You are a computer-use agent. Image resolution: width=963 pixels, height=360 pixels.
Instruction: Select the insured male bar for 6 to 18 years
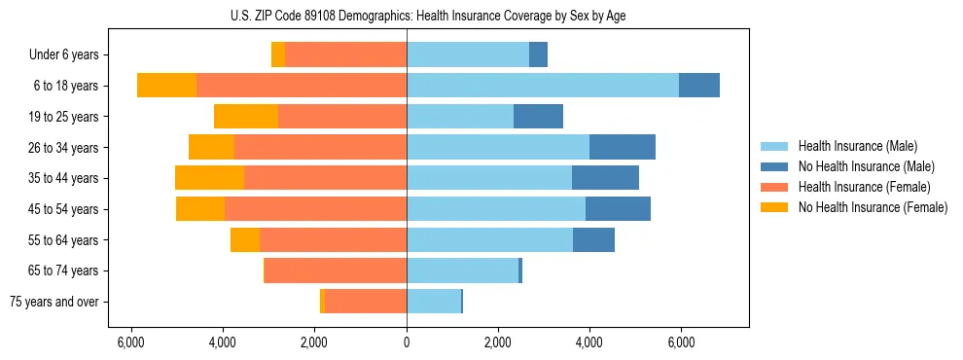[x=543, y=86]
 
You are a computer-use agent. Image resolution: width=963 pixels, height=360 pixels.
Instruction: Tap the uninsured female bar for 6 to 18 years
[x=166, y=86]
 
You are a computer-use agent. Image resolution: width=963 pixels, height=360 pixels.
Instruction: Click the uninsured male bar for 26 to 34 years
[x=623, y=147]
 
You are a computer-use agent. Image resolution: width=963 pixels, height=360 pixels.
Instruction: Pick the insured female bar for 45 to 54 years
[x=315, y=209]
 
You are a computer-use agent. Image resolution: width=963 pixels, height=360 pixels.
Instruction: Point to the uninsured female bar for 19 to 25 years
[x=246, y=117]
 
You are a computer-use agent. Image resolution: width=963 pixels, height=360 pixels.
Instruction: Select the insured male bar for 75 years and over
[x=434, y=302]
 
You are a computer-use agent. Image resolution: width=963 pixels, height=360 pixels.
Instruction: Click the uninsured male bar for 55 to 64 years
[x=593, y=240]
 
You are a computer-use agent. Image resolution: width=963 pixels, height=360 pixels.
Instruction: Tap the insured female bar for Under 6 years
[x=345, y=54]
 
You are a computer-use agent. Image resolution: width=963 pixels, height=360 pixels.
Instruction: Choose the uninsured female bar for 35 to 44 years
[x=209, y=178]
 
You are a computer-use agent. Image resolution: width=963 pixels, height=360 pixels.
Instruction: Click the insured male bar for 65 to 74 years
[x=462, y=270]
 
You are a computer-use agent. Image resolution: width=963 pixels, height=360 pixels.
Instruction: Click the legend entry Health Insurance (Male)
[x=852, y=146]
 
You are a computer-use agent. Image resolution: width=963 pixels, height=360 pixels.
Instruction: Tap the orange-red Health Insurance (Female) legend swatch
[x=775, y=187]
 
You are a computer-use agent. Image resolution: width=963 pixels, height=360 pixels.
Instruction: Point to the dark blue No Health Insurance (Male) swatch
[x=775, y=166]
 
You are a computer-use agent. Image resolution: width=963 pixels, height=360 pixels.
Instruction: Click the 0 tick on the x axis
[x=407, y=342]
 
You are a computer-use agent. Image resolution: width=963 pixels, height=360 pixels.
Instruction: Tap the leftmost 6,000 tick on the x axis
[x=131, y=342]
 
